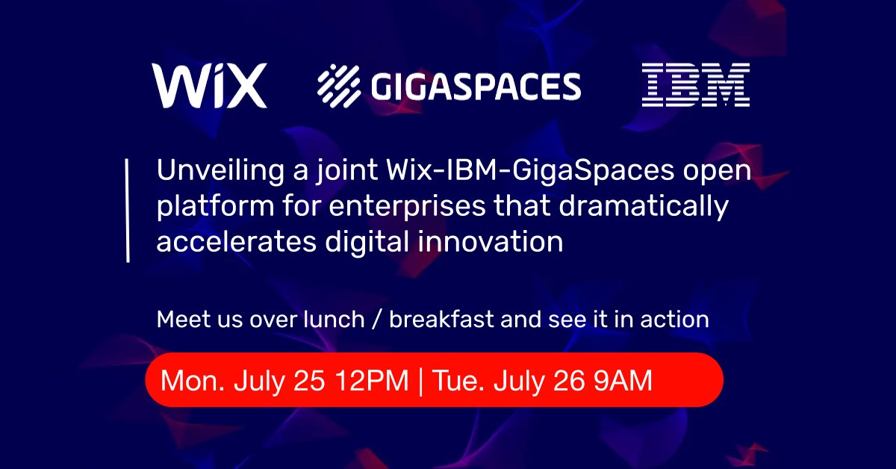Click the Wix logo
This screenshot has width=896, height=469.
pyautogui.click(x=209, y=85)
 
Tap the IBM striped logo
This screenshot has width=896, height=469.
pyautogui.click(x=696, y=84)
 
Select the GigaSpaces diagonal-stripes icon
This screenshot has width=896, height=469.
pyautogui.click(x=339, y=86)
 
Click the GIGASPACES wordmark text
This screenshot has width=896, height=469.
pyautogui.click(x=476, y=86)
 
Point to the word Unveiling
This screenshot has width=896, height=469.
pyautogui.click(x=220, y=170)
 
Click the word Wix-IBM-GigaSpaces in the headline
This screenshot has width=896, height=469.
pyautogui.click(x=530, y=171)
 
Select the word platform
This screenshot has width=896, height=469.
pyautogui.click(x=215, y=206)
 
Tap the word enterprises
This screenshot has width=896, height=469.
pyautogui.click(x=407, y=206)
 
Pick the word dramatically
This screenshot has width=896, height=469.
pyautogui.click(x=644, y=206)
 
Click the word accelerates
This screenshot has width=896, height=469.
pyautogui.click(x=237, y=242)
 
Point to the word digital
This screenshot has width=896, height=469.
pyautogui.click(x=367, y=243)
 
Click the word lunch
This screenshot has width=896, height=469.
pyautogui.click(x=334, y=319)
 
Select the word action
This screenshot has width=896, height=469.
pyautogui.click(x=674, y=320)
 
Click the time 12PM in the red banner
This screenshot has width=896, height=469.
pyautogui.click(x=372, y=380)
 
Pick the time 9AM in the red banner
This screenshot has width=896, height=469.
pyautogui.click(x=623, y=380)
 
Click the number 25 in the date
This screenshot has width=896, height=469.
pyautogui.click(x=309, y=381)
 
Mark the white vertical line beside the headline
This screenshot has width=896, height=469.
pyautogui.click(x=128, y=211)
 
